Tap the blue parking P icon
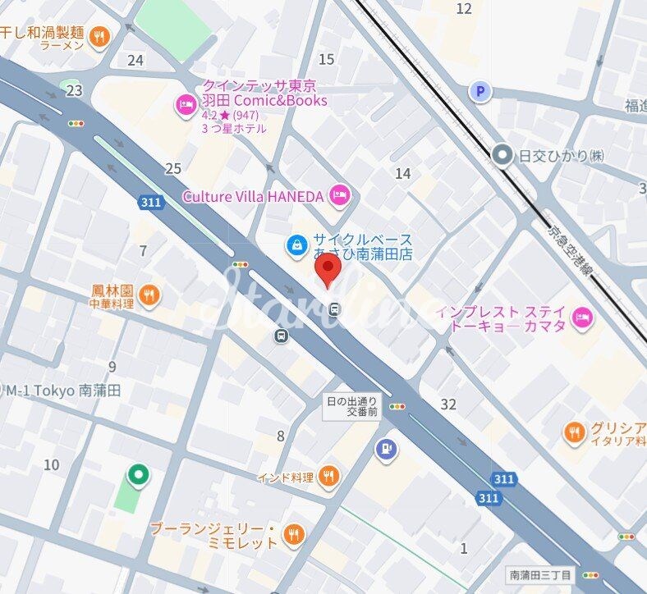(480, 92)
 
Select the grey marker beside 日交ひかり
(502, 154)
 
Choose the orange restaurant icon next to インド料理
(328, 476)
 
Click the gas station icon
(386, 449)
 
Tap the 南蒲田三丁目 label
(539, 575)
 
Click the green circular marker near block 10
(139, 473)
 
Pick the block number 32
(447, 404)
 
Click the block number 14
(402, 173)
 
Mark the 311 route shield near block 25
(149, 201)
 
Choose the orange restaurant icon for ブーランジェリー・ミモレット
(293, 536)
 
